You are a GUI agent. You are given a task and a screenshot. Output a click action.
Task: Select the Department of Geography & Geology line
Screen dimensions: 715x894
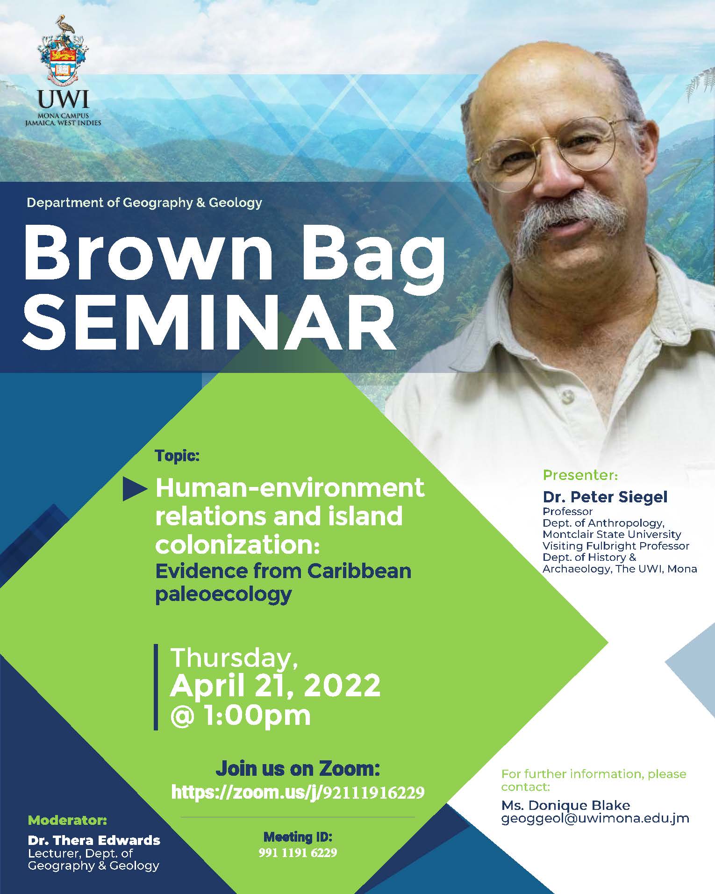point(144,202)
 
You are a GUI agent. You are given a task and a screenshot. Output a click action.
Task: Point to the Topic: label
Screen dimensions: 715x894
point(177,456)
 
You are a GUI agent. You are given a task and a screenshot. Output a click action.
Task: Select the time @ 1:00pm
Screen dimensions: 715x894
point(241,715)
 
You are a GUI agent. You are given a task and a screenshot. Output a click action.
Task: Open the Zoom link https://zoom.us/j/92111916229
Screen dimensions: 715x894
point(298,792)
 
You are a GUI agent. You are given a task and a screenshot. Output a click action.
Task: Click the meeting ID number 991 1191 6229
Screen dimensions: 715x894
point(298,853)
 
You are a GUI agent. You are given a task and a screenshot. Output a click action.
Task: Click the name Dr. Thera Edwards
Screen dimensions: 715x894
point(94,841)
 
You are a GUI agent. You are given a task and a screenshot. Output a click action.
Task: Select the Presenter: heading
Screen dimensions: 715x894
point(580,476)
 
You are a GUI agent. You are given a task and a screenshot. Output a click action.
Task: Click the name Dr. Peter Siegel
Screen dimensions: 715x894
point(605,497)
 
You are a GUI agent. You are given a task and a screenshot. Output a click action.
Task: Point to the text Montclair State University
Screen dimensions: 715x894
point(612,534)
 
